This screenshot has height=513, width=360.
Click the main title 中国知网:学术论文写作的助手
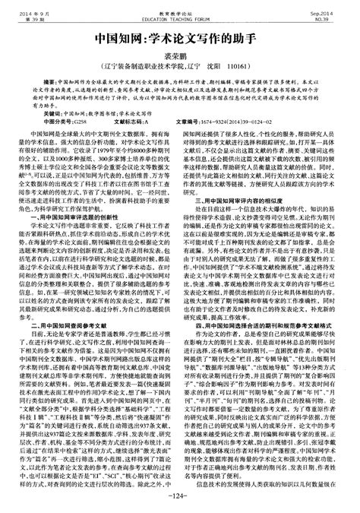tap(179, 37)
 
